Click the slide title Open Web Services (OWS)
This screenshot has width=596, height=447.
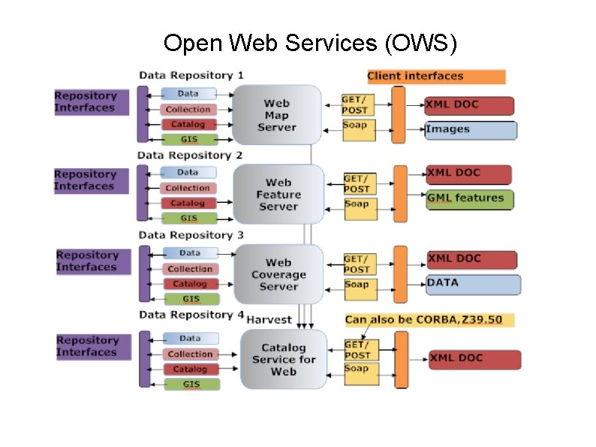coord(309,43)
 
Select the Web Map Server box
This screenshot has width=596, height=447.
coord(276,115)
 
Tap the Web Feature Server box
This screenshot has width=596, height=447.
coord(278,194)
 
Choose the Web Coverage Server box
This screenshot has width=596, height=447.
coord(278,274)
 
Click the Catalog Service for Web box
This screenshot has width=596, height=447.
coord(284,359)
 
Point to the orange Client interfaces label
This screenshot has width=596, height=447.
coord(435,77)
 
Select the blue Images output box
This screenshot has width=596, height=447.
coord(471,130)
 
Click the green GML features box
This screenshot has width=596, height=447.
coord(470,199)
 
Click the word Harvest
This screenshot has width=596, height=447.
coord(269,319)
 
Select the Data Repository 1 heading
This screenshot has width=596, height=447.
coord(191,75)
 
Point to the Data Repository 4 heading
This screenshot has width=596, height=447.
coord(191,315)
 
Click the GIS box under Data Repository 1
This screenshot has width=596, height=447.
coord(189,139)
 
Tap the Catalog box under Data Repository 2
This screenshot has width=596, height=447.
coord(188,203)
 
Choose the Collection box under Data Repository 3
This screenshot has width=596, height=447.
coord(191,269)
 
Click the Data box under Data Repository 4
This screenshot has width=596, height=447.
coord(191,339)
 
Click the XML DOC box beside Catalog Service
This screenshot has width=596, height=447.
coord(474,359)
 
